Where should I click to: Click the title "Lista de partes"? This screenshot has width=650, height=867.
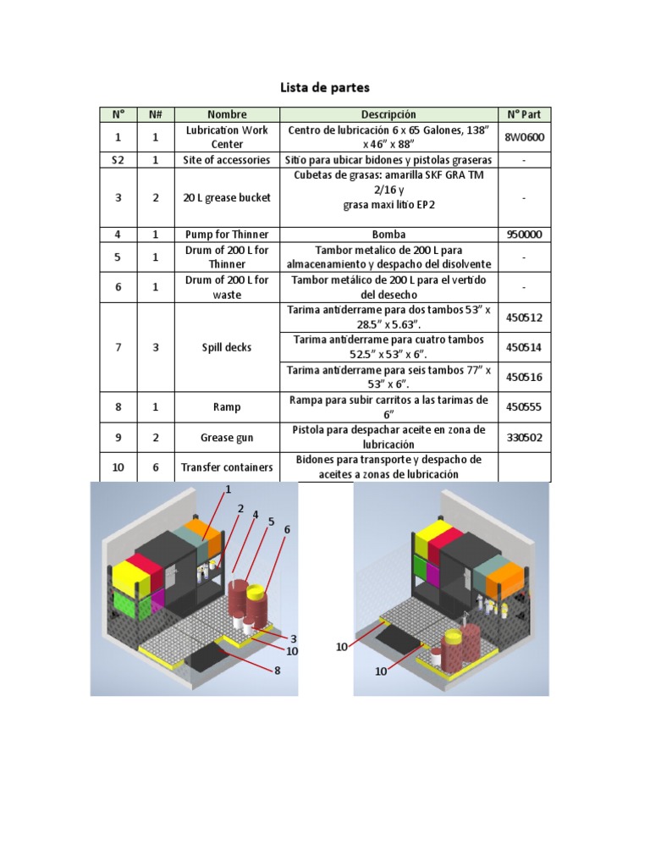point(325,87)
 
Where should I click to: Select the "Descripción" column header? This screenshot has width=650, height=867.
point(388,114)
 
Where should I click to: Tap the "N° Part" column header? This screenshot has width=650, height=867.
point(524,114)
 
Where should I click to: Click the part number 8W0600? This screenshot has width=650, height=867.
point(524,137)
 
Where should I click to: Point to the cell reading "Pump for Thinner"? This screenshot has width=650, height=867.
point(227,234)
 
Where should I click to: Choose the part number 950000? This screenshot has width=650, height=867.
point(524,234)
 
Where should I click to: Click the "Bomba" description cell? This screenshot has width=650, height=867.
point(388,234)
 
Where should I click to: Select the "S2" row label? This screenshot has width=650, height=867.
point(118,159)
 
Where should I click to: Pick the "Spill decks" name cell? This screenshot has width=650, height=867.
point(227,347)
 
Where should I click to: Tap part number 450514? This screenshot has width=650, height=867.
point(524,347)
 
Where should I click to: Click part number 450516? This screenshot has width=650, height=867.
point(524,377)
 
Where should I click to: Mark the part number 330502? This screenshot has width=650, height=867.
point(524,438)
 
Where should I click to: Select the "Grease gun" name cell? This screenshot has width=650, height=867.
point(227,438)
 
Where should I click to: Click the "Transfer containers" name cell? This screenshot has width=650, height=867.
point(227,467)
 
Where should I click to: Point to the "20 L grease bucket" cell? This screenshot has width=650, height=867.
point(227,197)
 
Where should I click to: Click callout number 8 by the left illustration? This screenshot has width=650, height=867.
point(276,671)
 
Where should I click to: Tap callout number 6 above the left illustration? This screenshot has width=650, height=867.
point(287,529)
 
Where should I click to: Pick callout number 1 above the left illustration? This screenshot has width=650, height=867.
point(228,489)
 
